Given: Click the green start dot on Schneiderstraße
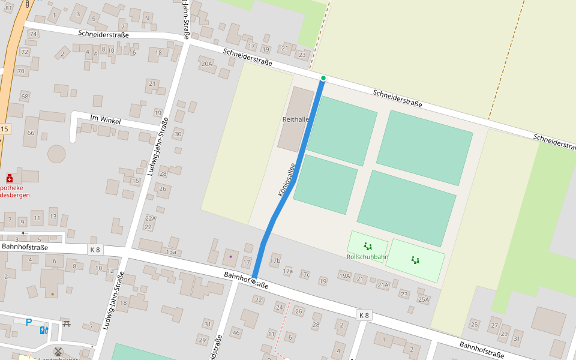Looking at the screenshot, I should pos(323,78).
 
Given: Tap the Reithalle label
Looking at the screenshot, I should pos(295,119).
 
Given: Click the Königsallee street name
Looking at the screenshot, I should pos(286,180).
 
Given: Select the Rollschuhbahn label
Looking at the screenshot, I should pos(367,257).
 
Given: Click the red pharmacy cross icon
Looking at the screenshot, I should pos(10,178).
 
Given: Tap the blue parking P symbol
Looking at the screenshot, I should pos(28,322).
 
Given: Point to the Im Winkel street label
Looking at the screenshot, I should pos(105,120).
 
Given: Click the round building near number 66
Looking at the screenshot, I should pos(56,154).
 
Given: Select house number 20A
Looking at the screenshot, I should pos(207,64).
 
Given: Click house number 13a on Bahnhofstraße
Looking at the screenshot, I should pos(171,252).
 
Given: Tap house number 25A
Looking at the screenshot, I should pos(424,299).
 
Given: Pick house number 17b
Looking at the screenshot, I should pos(275,260).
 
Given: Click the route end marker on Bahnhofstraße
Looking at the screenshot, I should pos(254,281).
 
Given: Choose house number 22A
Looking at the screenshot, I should pos(150,218).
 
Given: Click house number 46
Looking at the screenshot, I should pos(236,333).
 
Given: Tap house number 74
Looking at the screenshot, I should pos(34,34).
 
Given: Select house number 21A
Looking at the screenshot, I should pos(383,285).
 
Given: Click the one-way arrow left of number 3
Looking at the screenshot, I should pos(25,233).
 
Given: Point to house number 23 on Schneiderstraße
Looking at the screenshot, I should pos(302,55).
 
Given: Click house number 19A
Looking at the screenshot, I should pos(344,276).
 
